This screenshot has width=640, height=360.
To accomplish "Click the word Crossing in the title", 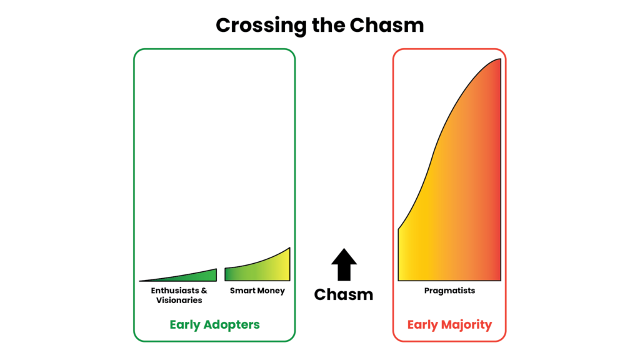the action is (x=261, y=26).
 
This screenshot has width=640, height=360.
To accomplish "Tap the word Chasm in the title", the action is (x=387, y=25).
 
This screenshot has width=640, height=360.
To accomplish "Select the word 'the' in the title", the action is (x=329, y=25).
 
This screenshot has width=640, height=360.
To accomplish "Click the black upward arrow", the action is (x=344, y=264).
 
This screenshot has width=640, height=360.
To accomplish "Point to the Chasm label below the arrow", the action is (x=344, y=294).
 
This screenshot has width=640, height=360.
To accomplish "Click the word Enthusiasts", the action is (x=175, y=291).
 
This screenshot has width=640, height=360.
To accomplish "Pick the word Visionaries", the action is (x=179, y=301).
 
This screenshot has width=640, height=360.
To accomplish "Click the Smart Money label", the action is (x=257, y=291).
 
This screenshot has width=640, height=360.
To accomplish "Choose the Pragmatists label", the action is (x=449, y=291).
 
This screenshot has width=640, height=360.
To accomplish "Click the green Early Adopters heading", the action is (x=215, y=324).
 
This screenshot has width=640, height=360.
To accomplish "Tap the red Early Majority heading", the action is (x=449, y=324).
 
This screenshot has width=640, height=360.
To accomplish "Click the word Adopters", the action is (x=232, y=325).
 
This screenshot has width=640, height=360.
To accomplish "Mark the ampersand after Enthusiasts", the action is (x=204, y=291).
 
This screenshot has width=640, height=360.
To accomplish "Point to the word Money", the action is (x=272, y=291).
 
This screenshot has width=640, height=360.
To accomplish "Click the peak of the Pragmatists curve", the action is (x=500, y=59).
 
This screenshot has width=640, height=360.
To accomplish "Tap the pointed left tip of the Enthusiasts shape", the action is (x=139, y=281).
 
